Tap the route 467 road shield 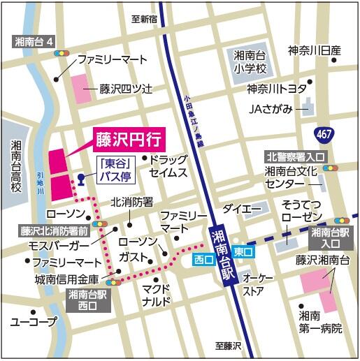pos(324,132)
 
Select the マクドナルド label pos(157,295)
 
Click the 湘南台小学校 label pos(250,62)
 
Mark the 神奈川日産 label pos(314,50)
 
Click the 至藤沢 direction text pos(229,346)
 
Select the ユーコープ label pos(33,322)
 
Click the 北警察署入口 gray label pos(294,156)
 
